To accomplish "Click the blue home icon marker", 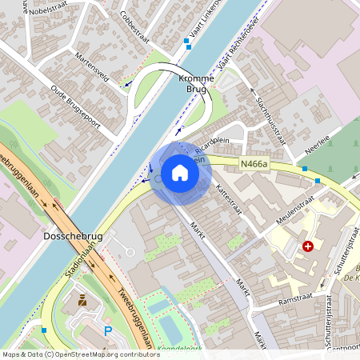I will point(179,173).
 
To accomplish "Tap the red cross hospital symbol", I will point(308,246).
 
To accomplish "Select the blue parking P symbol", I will point(108,330).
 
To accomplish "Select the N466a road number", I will point(254,165).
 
